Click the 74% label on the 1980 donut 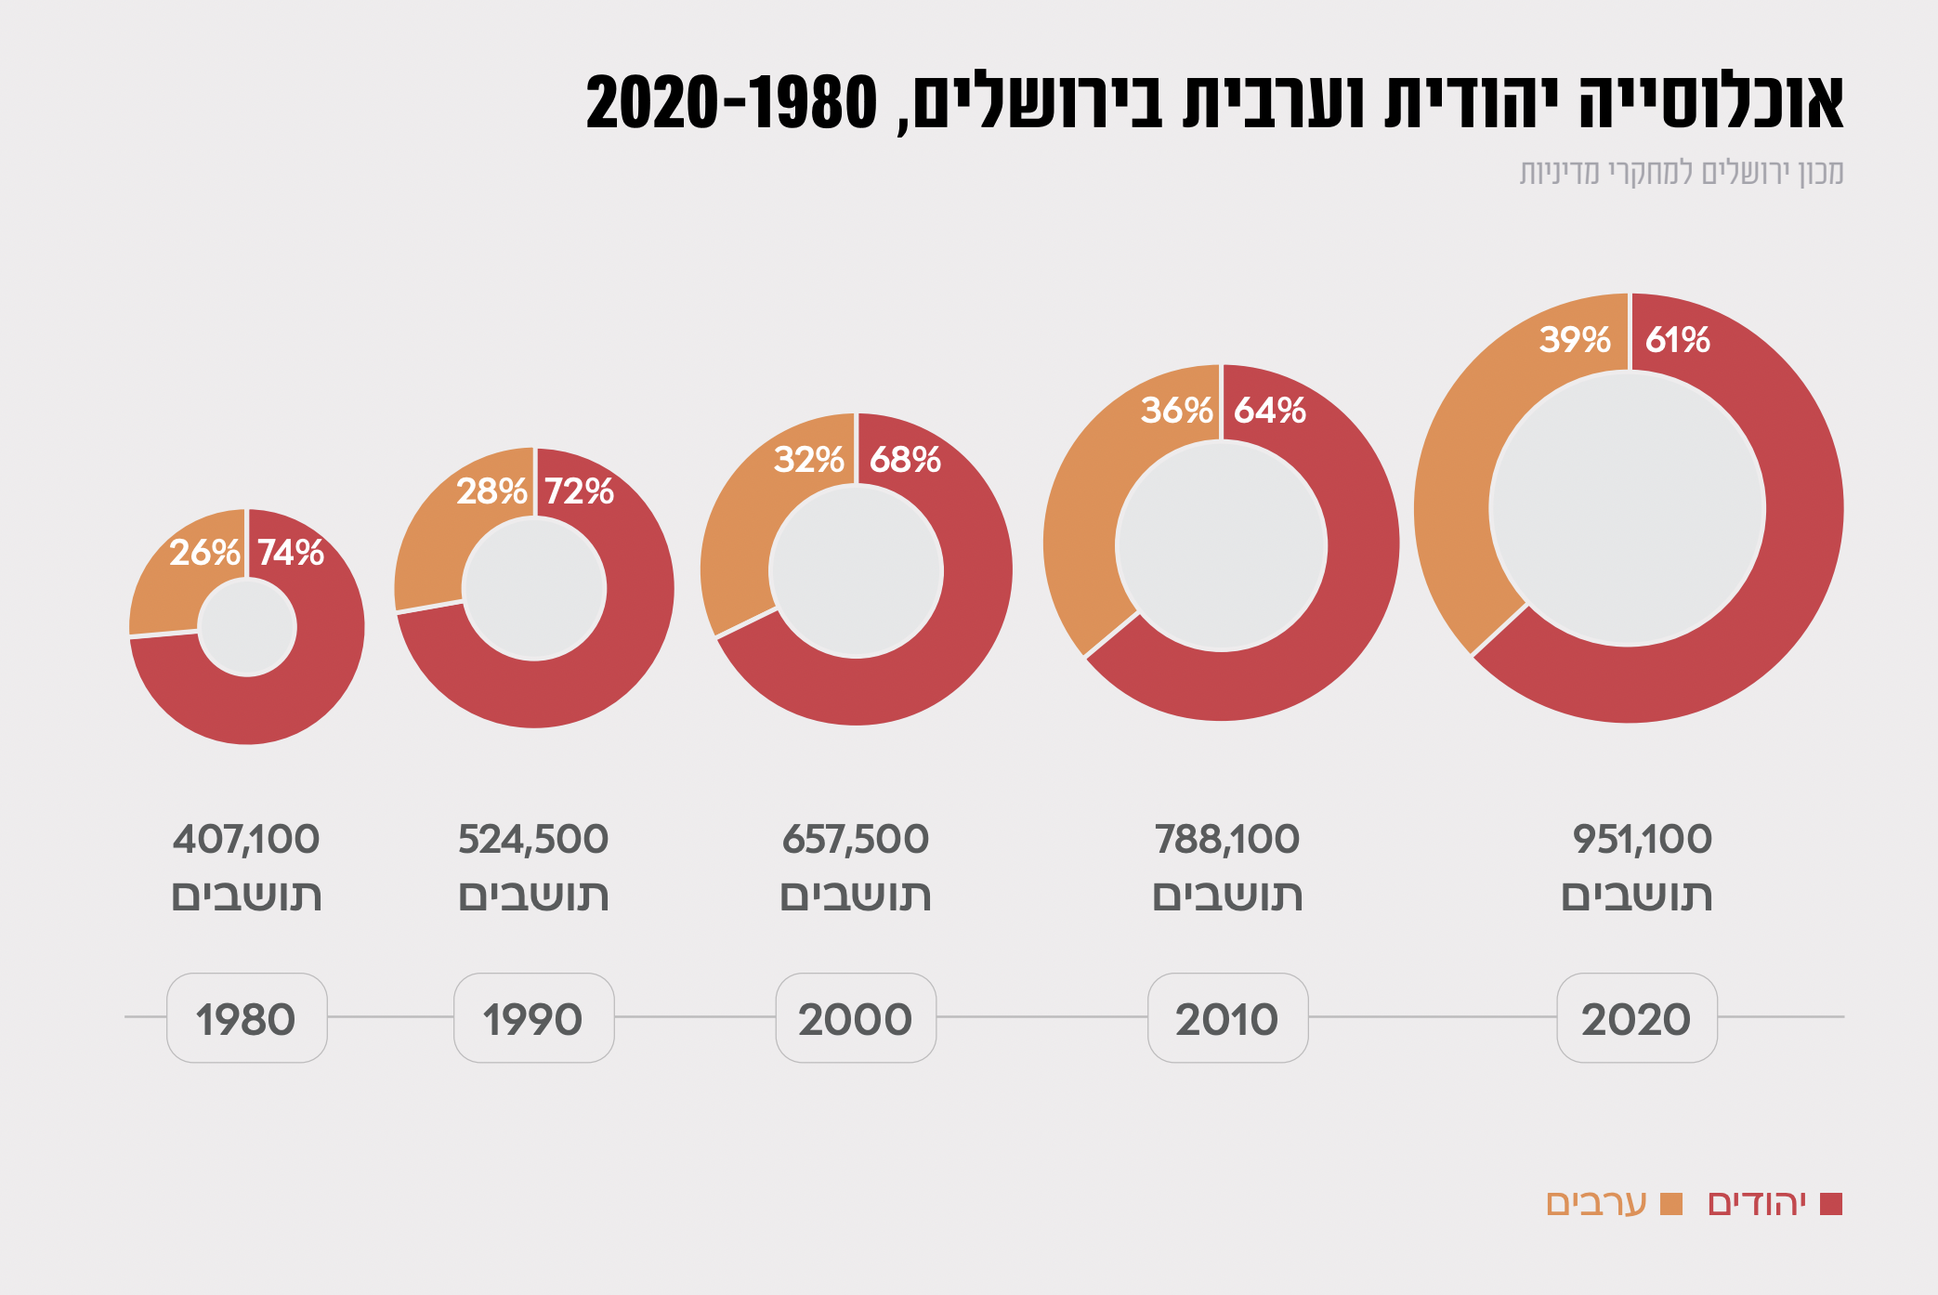pos(291,553)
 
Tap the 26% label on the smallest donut pos(204,553)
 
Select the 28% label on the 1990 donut pos(491,491)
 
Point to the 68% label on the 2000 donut pos(905,460)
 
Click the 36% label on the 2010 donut pos(1176,411)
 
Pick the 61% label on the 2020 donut pos(1677,340)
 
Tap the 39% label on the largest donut pos(1575,340)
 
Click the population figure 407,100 pos(246,840)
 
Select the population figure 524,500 pos(533,840)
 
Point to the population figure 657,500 pos(856,840)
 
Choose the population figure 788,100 pos(1227,840)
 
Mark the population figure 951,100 pos(1642,840)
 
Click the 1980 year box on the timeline pos(246,1018)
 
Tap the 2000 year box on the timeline pos(856,1018)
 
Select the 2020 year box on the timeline pos(1636,1018)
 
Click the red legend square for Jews pos(1831,1204)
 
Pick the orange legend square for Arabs pos(1671,1204)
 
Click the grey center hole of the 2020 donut pos(1628,509)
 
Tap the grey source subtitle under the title pos(1681,173)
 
